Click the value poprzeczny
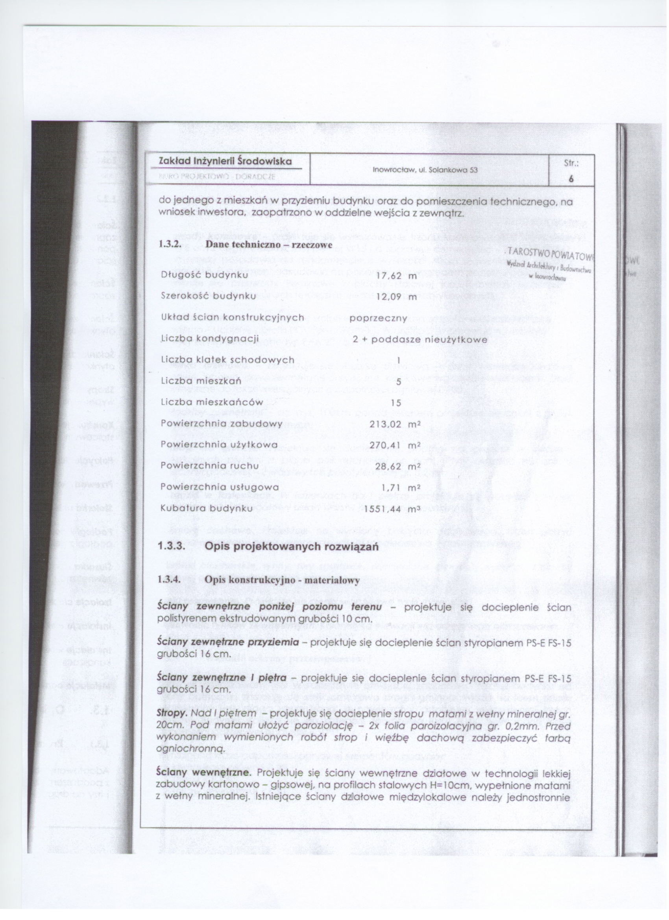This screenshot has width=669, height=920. tap(373, 318)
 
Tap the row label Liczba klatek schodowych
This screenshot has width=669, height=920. tap(228, 360)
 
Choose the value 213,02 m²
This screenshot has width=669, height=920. tap(394, 424)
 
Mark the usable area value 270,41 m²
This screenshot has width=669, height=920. tap(394, 445)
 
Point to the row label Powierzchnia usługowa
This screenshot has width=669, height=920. tap(220, 487)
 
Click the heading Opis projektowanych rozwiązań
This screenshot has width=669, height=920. tap(292, 547)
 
